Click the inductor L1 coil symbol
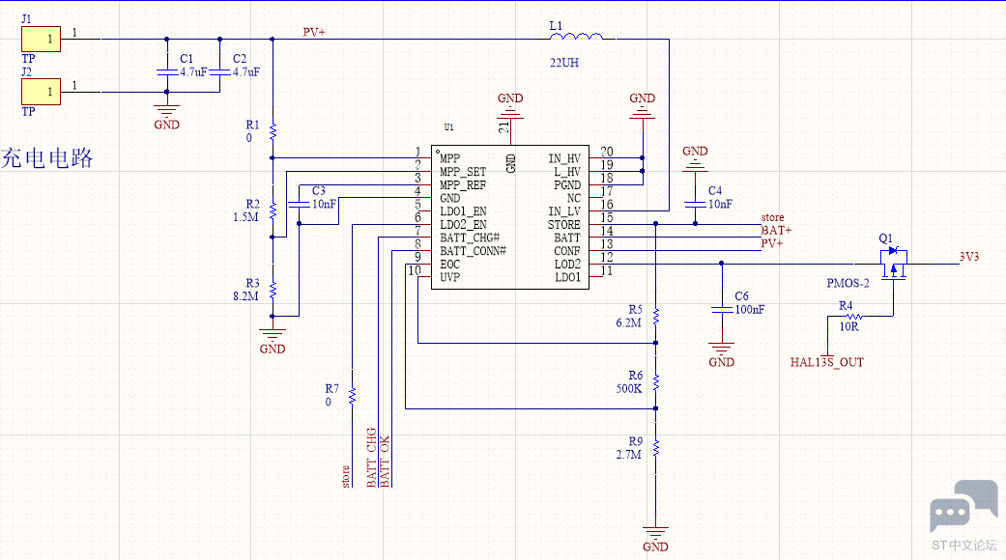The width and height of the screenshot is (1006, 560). (576, 37)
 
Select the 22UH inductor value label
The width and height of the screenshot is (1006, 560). (564, 63)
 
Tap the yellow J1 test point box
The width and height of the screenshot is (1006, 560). (41, 39)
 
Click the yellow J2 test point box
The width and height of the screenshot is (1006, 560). (41, 92)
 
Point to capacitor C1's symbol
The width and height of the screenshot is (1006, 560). (167, 72)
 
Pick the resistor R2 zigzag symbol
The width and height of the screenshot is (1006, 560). (273, 210)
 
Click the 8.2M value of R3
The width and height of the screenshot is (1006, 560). (245, 296)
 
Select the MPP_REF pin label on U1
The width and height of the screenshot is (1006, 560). (463, 185)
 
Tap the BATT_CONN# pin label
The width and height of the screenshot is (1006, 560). (473, 251)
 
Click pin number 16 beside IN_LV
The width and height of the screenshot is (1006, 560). (606, 205)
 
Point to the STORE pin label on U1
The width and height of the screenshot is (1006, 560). (564, 225)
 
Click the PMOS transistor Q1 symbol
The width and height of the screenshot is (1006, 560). (893, 264)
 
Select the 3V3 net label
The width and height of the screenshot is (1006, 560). (968, 257)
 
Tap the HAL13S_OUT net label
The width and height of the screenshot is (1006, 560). (827, 363)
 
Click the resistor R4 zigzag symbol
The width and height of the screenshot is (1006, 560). (854, 317)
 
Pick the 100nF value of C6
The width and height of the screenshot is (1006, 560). (749, 310)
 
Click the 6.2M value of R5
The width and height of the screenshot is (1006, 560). (628, 322)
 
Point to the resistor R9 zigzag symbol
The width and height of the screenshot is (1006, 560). (656, 449)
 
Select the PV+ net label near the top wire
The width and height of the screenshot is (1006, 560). (314, 32)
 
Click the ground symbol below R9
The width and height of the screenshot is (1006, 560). (655, 533)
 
